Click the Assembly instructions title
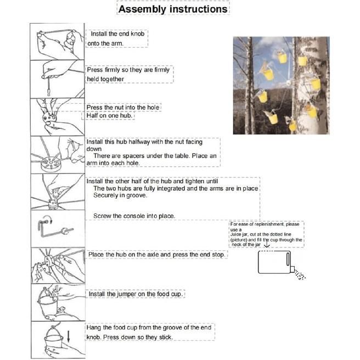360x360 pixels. click(173, 9)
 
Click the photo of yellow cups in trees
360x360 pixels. click(280, 85)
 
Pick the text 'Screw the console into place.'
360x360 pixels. click(134, 216)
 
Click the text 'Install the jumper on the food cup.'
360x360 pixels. click(136, 294)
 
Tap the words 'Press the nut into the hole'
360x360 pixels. click(123, 108)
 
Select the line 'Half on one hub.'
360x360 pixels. click(113, 115)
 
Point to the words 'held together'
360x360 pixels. click(105, 79)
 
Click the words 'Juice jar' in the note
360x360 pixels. click(240, 234)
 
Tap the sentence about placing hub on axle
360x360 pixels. click(156, 255)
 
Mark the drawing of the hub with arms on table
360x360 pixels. click(57, 154)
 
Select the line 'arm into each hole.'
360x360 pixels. click(117, 163)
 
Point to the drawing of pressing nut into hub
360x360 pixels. click(57, 117)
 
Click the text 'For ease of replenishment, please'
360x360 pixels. click(265, 224)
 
